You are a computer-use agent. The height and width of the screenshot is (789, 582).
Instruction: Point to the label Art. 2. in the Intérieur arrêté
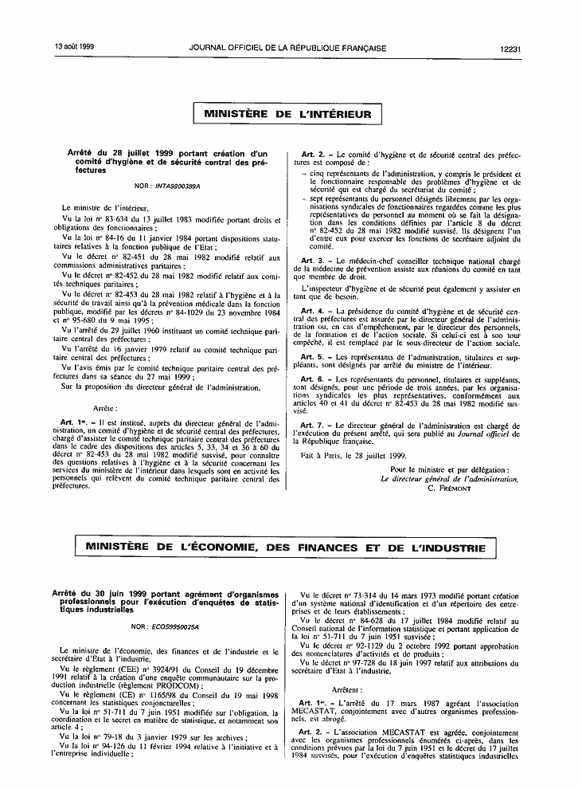(x=313, y=153)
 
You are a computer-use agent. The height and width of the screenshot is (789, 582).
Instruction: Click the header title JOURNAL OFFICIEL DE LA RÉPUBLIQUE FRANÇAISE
(x=288, y=49)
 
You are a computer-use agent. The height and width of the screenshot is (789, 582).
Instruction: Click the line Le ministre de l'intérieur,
(x=100, y=206)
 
